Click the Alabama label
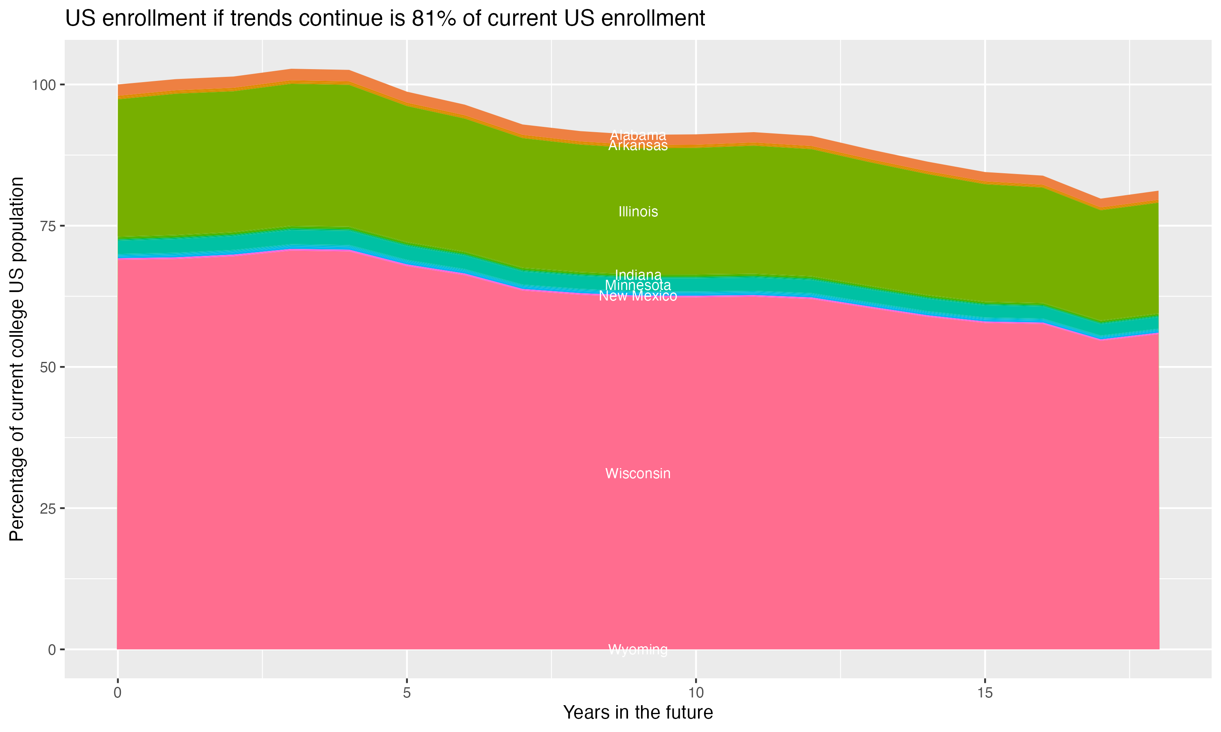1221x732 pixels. pyautogui.click(x=638, y=135)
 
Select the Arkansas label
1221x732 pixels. pyautogui.click(x=638, y=146)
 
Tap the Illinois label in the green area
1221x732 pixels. pyautogui.click(x=638, y=211)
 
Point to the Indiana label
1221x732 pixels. pyautogui.click(x=638, y=275)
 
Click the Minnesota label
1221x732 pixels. pyautogui.click(x=638, y=285)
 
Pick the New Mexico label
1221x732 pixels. pyautogui.click(x=638, y=296)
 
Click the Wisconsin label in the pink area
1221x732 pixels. pyautogui.click(x=638, y=473)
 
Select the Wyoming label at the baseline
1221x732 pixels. pyautogui.click(x=638, y=649)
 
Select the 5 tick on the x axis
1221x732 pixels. pyautogui.click(x=407, y=693)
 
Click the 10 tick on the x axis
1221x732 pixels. pyautogui.click(x=696, y=693)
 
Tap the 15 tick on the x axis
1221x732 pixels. pyautogui.click(x=985, y=693)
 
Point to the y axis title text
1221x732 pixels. pyautogui.click(x=17, y=359)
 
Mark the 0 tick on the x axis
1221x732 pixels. pyautogui.click(x=118, y=693)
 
